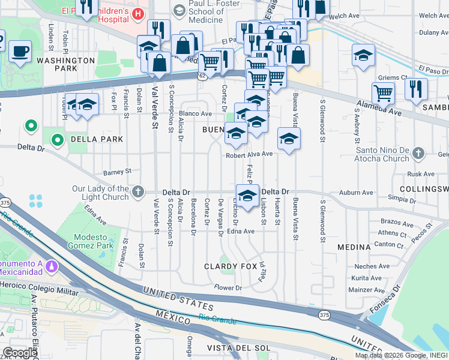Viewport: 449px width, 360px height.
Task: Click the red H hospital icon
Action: [x=139, y=13]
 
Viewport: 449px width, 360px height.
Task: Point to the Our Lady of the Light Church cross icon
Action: [x=138, y=192]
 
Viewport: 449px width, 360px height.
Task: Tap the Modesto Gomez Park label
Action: [x=88, y=241]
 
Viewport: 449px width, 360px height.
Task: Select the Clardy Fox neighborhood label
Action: [x=231, y=266]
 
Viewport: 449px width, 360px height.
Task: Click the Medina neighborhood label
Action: [x=354, y=247]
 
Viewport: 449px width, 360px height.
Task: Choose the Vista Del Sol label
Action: [x=237, y=348]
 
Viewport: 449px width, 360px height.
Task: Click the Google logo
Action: [x=19, y=353]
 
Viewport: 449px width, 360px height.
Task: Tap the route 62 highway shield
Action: [x=202, y=76]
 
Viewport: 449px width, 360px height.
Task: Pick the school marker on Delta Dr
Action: [x=246, y=196]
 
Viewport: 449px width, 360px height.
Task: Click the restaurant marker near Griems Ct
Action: [x=415, y=89]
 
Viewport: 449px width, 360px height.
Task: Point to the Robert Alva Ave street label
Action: [x=249, y=154]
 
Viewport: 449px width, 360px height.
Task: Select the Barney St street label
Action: [x=118, y=171]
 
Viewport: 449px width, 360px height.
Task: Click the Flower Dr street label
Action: [x=228, y=288]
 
